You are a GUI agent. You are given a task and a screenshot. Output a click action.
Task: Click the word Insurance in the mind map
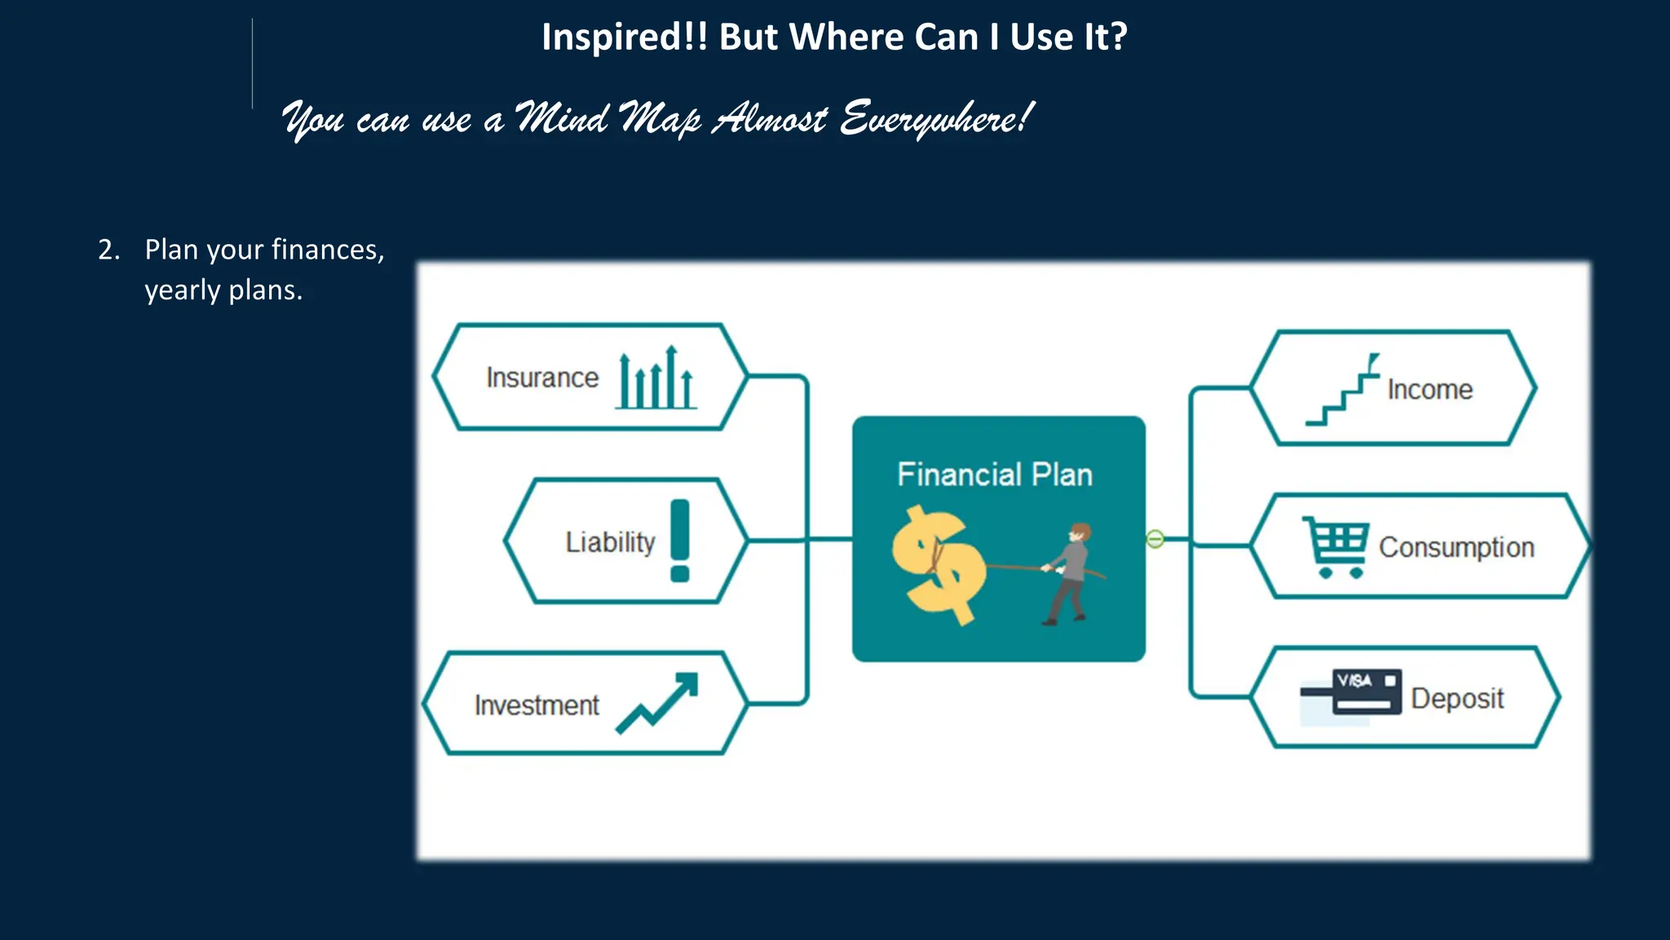(x=542, y=378)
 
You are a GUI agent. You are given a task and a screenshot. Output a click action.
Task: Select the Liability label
(x=610, y=542)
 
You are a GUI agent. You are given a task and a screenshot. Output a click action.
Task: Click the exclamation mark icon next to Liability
(x=680, y=540)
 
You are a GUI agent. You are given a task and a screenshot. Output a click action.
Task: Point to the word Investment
(x=537, y=705)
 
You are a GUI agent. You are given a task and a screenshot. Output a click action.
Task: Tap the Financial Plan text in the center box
(x=995, y=475)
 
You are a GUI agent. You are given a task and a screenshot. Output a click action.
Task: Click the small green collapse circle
(x=1155, y=539)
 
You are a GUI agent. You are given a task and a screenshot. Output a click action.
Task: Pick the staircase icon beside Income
(x=1342, y=390)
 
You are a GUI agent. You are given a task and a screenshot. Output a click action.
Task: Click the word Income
(x=1430, y=390)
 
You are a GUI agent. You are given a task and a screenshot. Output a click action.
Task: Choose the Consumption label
(x=1456, y=548)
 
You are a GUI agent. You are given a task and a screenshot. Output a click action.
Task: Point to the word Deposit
(x=1457, y=698)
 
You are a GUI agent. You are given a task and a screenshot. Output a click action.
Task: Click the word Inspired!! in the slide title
(x=625, y=38)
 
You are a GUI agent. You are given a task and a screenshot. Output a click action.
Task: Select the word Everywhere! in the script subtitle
(x=936, y=119)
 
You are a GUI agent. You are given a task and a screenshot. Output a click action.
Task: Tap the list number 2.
(x=108, y=250)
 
